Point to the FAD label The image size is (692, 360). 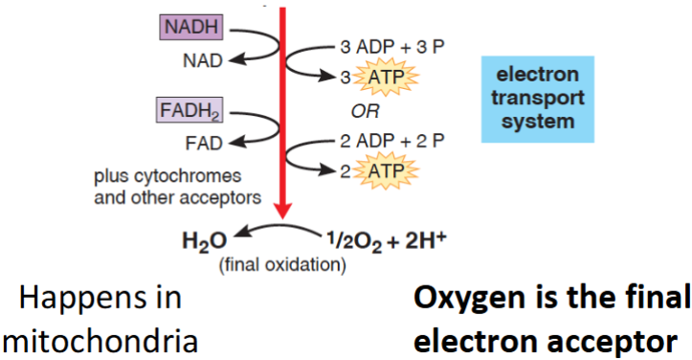[x=202, y=144]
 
